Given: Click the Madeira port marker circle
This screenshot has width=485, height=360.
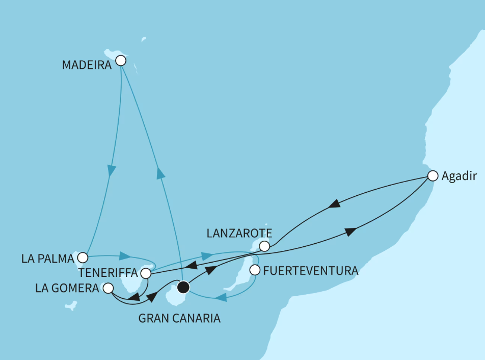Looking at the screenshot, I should [121, 61].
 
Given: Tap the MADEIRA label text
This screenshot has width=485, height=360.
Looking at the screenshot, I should [87, 65].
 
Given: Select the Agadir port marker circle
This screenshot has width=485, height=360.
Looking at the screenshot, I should [433, 176].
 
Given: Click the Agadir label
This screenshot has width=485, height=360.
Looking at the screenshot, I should [459, 176].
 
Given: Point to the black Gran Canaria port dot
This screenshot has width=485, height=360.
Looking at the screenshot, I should [183, 287].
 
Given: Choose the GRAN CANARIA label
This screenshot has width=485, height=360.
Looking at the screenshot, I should [180, 319].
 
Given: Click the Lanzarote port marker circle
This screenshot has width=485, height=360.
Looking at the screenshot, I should [264, 246].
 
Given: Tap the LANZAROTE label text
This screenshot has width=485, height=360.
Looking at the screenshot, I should [239, 234].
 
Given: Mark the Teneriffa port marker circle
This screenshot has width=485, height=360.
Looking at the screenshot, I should [146, 273].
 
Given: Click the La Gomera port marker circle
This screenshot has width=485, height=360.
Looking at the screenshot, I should [108, 289].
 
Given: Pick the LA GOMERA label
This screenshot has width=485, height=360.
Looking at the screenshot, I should [67, 289].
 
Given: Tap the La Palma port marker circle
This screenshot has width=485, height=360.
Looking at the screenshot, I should [83, 257].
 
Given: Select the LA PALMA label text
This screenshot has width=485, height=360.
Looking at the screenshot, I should [48, 258].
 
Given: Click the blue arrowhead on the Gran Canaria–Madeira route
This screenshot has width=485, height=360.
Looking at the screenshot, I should [161, 173].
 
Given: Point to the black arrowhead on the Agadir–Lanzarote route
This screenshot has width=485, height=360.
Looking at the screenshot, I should [334, 204].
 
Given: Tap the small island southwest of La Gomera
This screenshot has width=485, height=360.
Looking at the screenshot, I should [71, 306].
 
